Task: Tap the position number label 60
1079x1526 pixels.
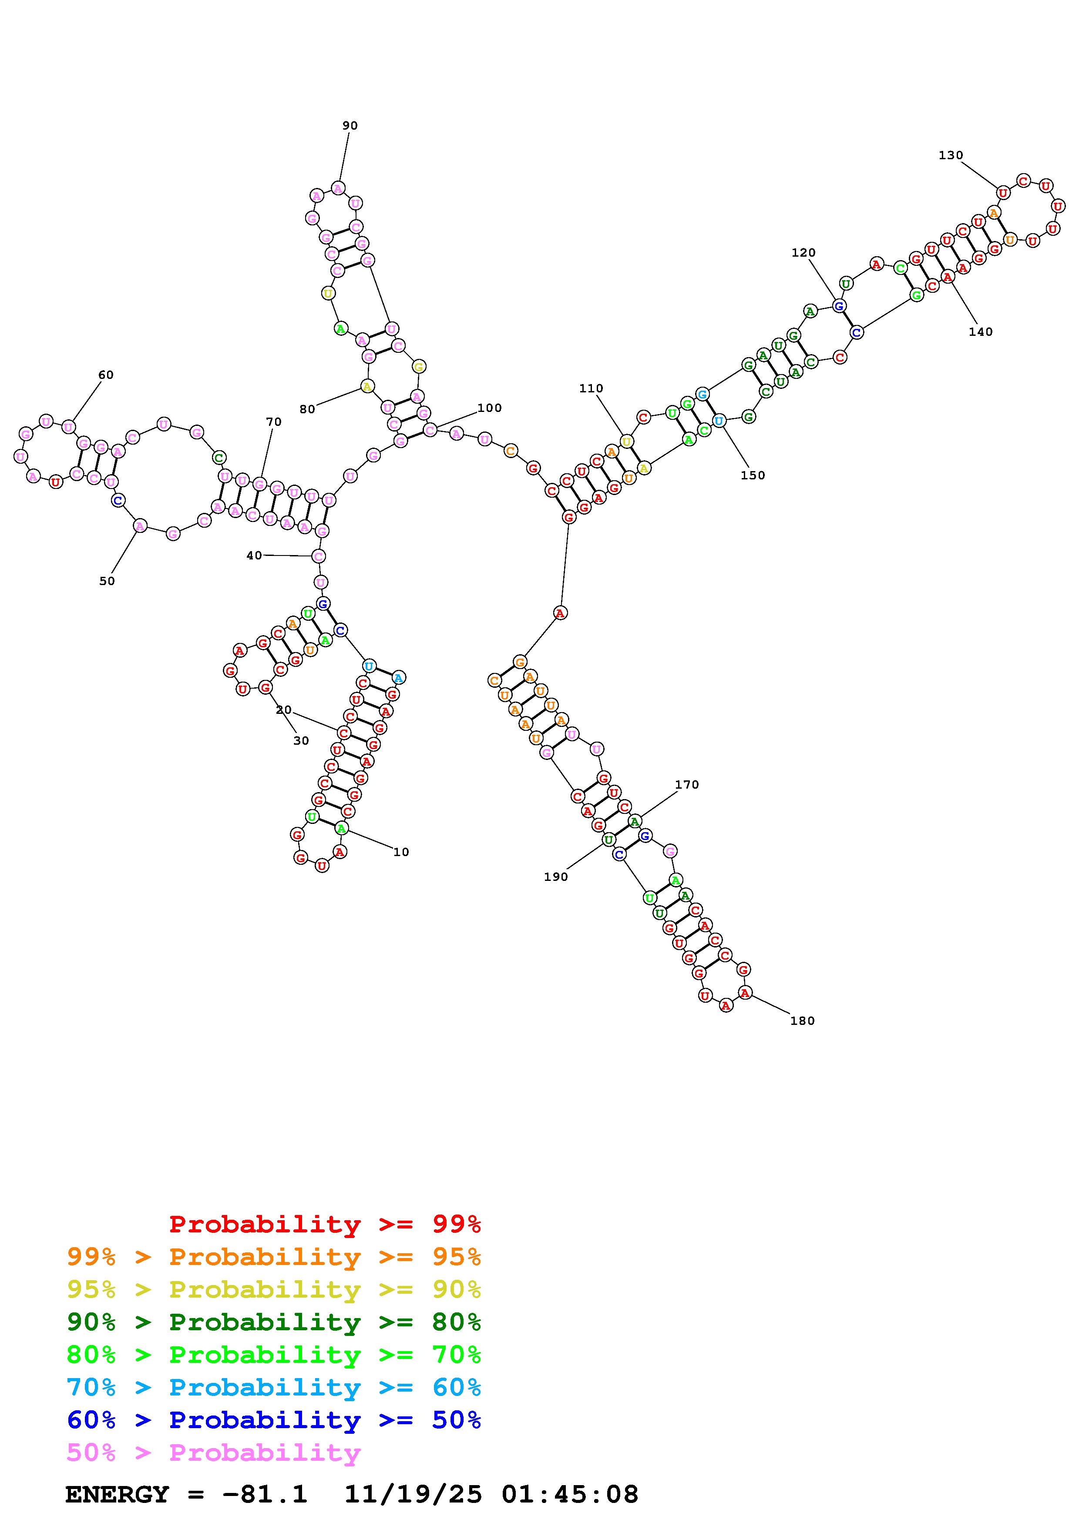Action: pyautogui.click(x=106, y=375)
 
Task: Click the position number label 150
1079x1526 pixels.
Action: pyautogui.click(x=753, y=475)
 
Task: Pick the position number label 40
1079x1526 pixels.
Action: pyautogui.click(x=254, y=556)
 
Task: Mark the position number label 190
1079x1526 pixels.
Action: pyautogui.click(x=556, y=877)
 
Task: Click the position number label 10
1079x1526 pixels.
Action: pyautogui.click(x=401, y=852)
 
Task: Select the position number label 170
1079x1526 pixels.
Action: pyautogui.click(x=687, y=785)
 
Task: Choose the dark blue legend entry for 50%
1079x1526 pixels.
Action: pyautogui.click(x=273, y=1420)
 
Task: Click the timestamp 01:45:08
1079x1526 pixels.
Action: pyautogui.click(x=570, y=1495)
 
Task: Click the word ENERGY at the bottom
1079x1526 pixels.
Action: pyautogui.click(x=117, y=1495)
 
